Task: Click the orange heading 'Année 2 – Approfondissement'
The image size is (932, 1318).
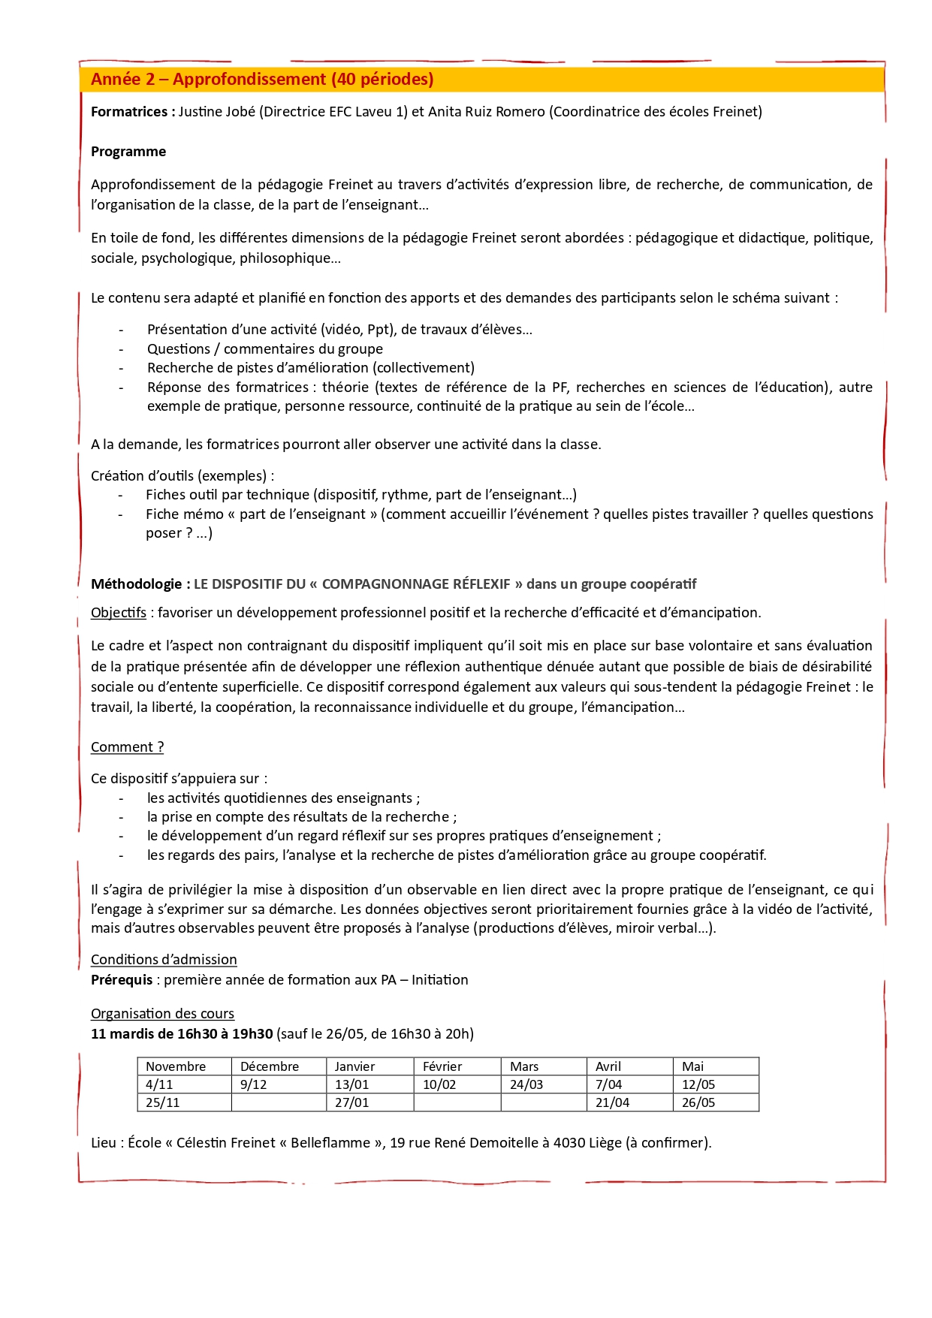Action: [x=262, y=80]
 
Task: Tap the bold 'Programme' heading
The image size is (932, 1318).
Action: [x=128, y=152]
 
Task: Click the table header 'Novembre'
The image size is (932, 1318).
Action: [x=176, y=1066]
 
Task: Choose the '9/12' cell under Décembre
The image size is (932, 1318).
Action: [x=253, y=1084]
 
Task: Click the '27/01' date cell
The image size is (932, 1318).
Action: [x=351, y=1102]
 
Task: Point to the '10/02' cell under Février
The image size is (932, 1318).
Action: [x=439, y=1084]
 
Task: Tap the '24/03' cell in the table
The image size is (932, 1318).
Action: [x=526, y=1084]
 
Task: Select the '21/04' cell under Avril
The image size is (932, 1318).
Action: [x=612, y=1102]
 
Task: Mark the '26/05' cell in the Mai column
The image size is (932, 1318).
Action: [x=698, y=1102]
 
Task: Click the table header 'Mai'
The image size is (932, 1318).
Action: [x=692, y=1066]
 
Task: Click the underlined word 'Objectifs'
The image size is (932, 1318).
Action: [x=119, y=613]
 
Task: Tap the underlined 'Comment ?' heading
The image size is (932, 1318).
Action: [x=127, y=747]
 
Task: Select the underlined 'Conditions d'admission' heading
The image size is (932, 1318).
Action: [x=164, y=960]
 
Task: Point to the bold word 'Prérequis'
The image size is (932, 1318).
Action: [x=122, y=980]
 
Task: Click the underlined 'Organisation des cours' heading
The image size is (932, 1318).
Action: [x=162, y=1014]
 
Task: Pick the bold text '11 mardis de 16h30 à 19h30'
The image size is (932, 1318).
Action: [x=182, y=1034]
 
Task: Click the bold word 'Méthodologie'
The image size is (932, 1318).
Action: [x=136, y=584]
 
